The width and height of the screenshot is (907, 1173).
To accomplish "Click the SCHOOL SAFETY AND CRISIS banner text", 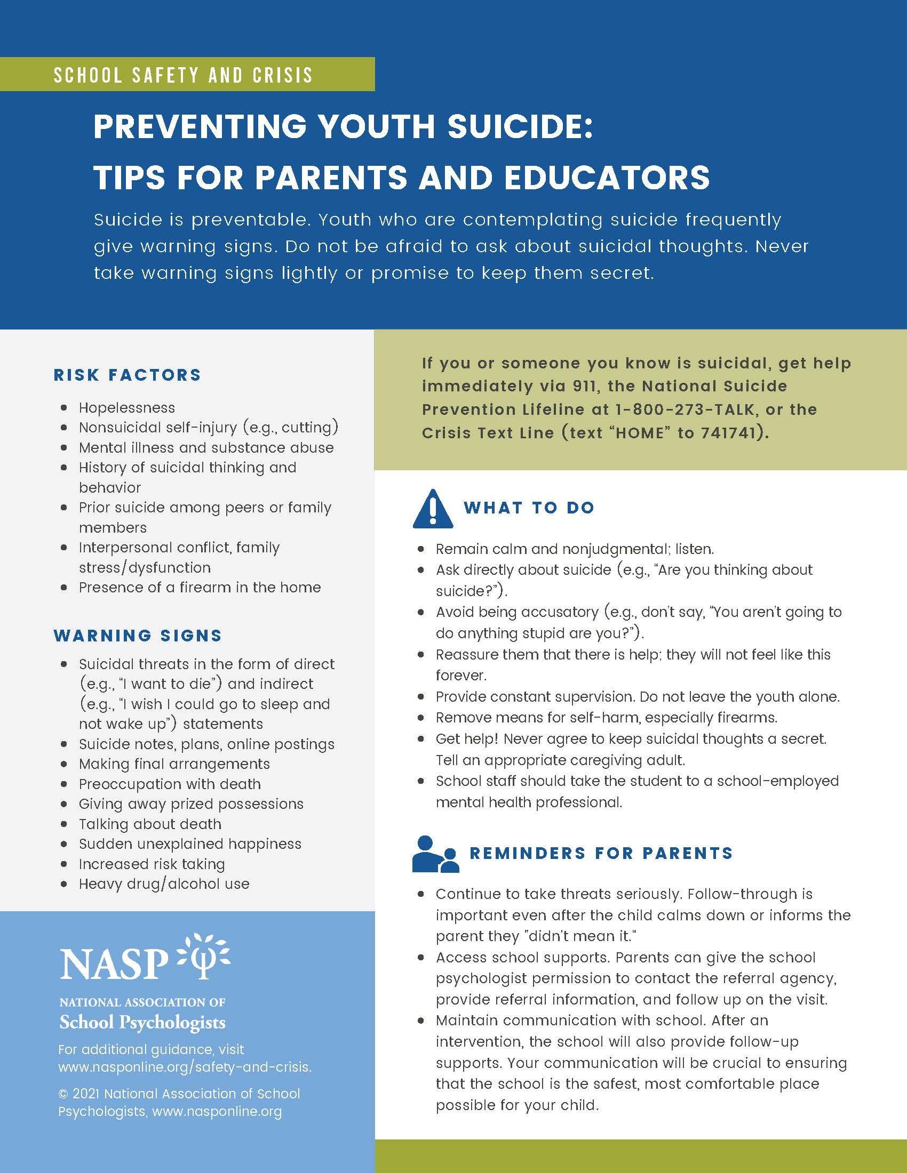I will pos(183,75).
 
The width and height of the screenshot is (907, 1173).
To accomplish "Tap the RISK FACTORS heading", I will pos(128,375).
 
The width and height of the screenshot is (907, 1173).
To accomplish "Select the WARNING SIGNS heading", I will pos(138,636).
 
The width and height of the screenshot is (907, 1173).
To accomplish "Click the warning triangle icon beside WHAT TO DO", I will pos(432,509).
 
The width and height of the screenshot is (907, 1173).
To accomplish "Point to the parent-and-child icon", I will pos(435,854).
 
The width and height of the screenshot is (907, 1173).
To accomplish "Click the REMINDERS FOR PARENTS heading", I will pos(601,853).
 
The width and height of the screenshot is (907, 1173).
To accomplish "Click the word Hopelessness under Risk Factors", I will pos(127,408).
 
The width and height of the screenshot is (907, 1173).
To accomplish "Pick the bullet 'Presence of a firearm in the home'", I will pos(200,588).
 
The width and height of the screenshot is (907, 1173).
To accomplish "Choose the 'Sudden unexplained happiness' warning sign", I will pos(190,844).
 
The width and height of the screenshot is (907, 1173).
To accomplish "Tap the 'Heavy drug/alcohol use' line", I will pos(164,884).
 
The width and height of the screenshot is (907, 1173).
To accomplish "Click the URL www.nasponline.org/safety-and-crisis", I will pos(184,1067).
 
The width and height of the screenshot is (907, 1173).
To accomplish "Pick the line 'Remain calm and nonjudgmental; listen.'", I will pos(575,549).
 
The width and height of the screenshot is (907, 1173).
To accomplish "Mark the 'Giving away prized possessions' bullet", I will pos(191,804).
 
